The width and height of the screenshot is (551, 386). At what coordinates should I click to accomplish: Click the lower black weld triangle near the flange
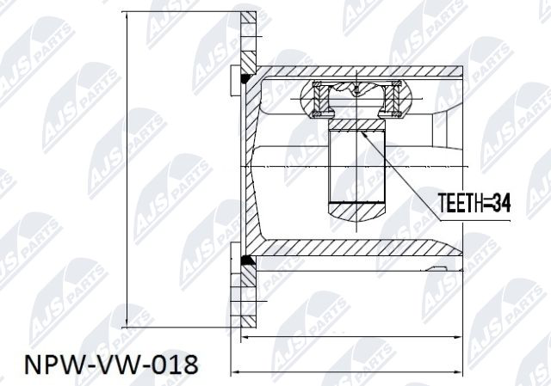245,259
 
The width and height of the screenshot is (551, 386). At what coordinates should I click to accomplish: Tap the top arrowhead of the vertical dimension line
126,17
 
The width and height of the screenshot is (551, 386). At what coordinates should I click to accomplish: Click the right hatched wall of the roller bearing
395,98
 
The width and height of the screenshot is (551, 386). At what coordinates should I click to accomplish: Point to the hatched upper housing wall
362,71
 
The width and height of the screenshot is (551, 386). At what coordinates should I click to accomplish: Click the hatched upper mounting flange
248,39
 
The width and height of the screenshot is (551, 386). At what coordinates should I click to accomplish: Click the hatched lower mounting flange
248,297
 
